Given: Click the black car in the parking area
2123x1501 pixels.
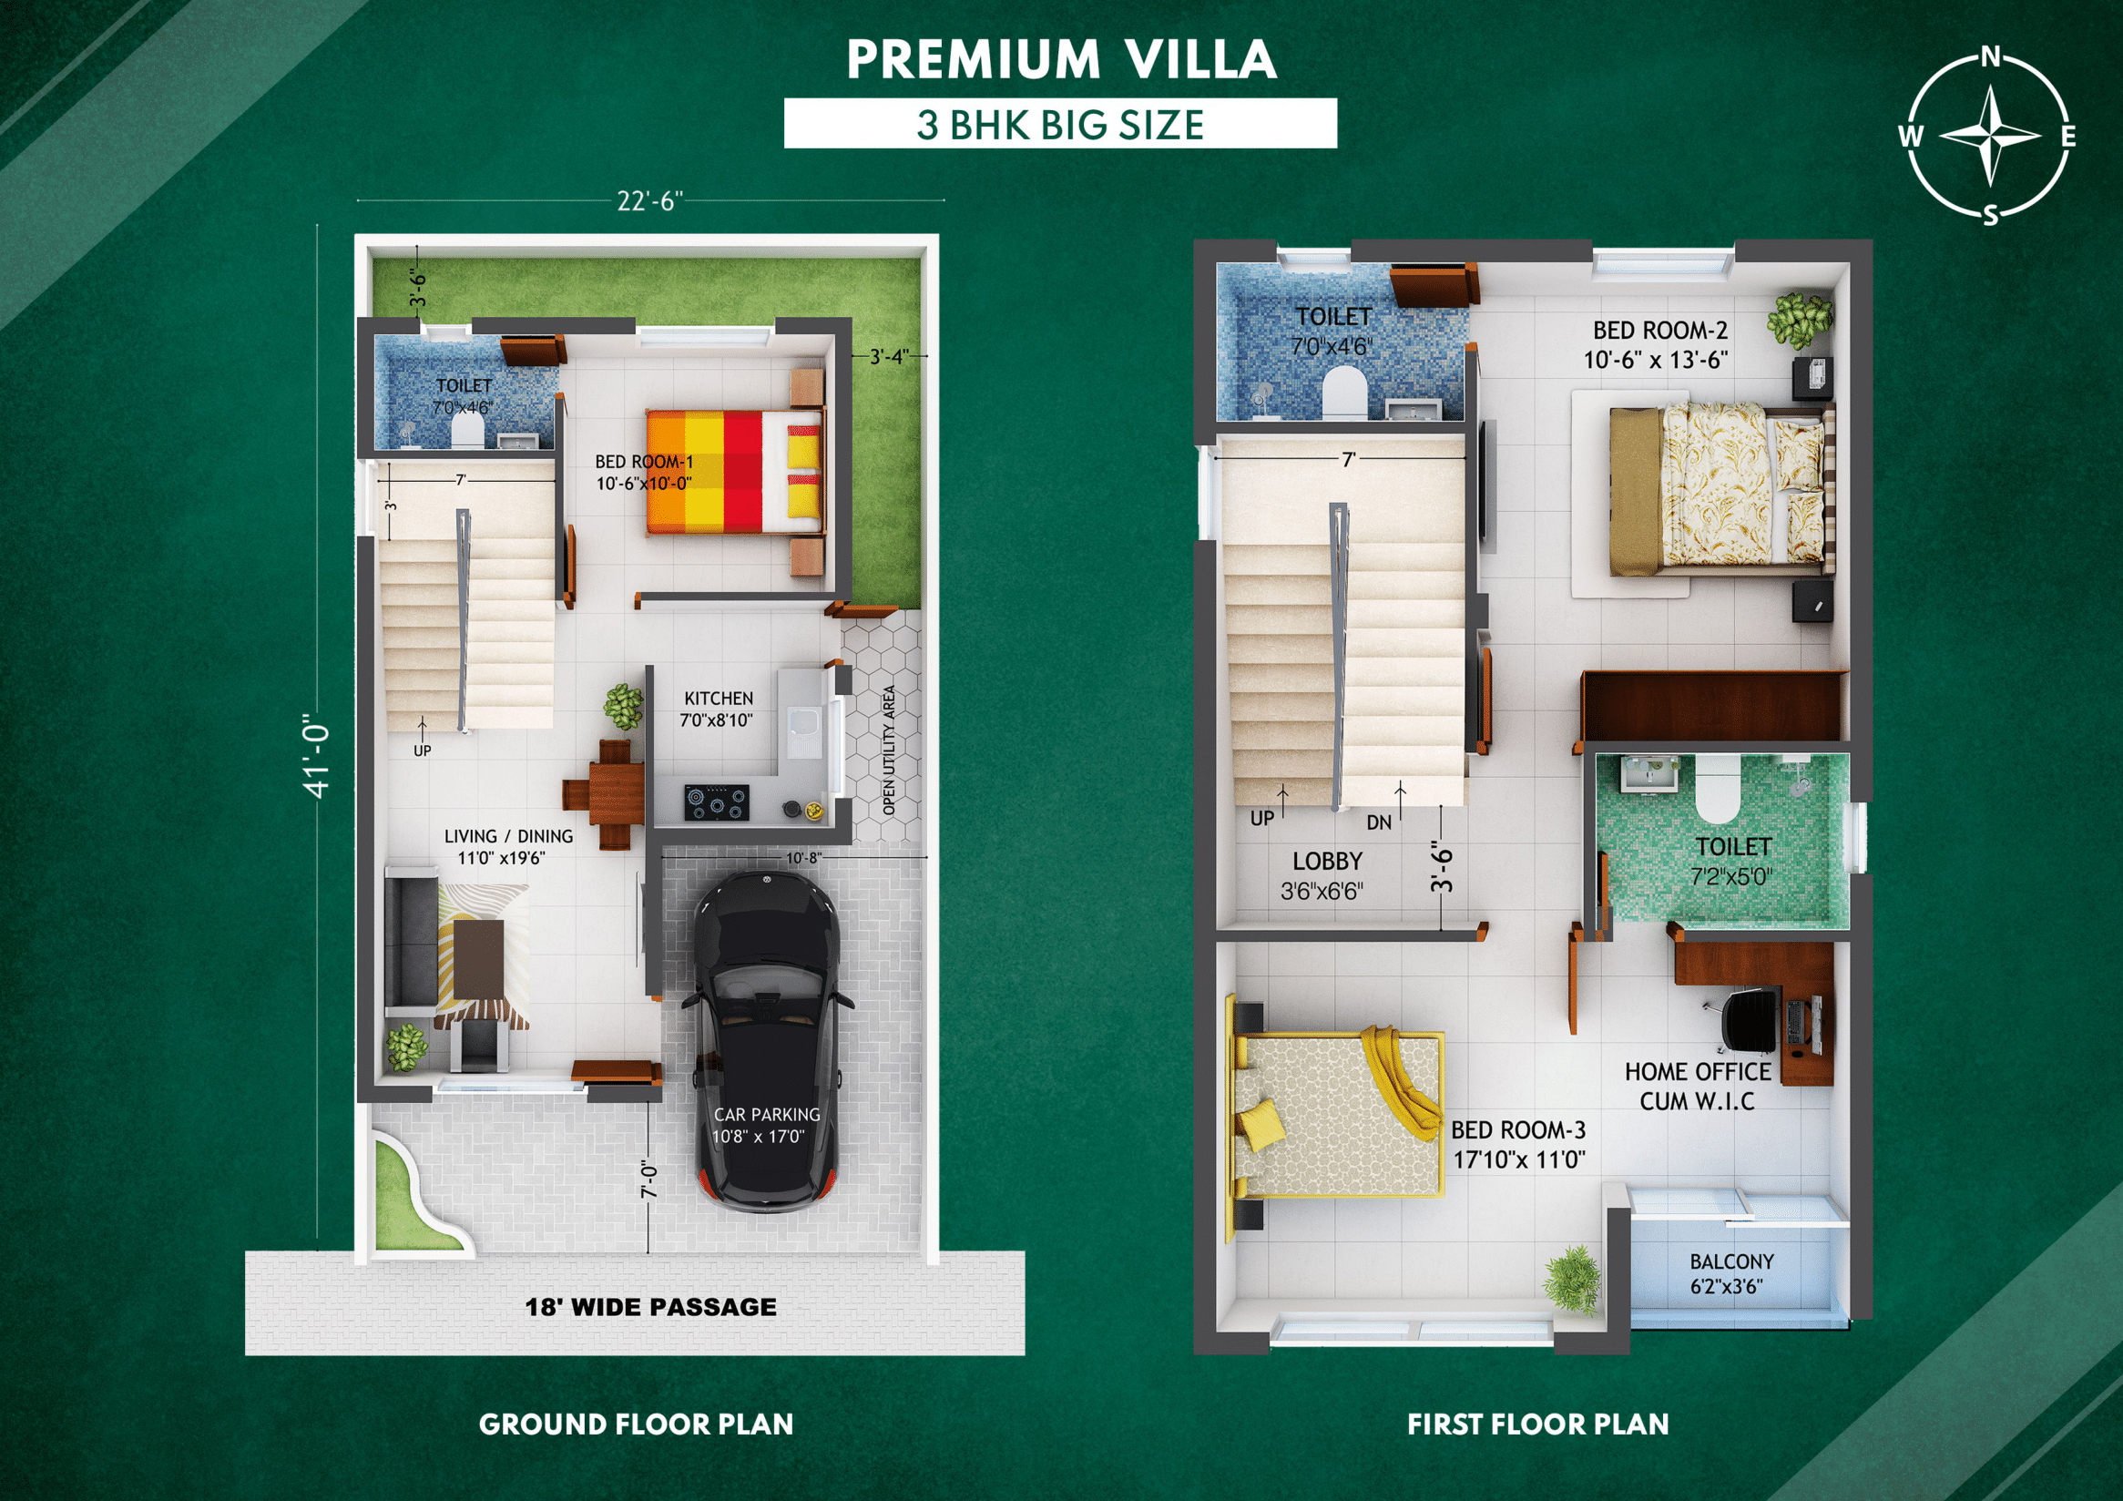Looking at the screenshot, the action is coord(767,1040).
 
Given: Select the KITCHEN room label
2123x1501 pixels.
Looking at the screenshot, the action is coord(719,699).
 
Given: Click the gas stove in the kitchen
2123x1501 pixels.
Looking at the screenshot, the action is coord(716,802).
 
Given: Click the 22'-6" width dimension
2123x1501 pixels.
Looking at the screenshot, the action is coord(650,200).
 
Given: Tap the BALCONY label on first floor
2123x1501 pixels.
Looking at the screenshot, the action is coord(1731,1261).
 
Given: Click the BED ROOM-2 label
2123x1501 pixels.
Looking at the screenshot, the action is coord(1659,330).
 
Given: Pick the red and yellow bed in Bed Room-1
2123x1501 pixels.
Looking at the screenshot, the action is coord(734,472).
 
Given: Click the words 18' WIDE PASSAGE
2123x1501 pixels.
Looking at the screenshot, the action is coord(651,1307).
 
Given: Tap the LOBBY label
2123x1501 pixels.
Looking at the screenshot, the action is coord(1327,861).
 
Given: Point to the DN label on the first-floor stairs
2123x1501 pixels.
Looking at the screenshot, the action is coord(1379,822).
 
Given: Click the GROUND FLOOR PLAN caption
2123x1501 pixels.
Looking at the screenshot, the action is coord(636,1424).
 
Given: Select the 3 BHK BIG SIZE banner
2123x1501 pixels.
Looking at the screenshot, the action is coord(1060,124).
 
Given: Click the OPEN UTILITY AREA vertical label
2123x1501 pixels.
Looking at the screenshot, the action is coord(889,750).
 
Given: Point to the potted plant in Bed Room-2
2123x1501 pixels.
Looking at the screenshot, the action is coord(1799,320).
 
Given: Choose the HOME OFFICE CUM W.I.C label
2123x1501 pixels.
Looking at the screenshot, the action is coord(1698,1086).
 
